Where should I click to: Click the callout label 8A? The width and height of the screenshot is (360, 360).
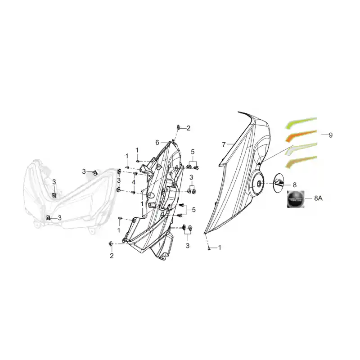click(x=318, y=198)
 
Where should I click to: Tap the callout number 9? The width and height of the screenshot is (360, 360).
click(x=331, y=135)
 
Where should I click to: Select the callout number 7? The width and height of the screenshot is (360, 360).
click(x=224, y=144)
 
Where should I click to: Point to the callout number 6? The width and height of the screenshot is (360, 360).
click(x=157, y=143)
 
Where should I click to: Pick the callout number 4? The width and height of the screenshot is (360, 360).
click(x=134, y=182)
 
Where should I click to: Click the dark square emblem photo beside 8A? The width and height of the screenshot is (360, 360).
click(x=296, y=199)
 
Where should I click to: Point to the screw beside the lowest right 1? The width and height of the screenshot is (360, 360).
click(x=209, y=248)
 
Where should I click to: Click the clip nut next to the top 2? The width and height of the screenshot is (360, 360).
click(x=178, y=127)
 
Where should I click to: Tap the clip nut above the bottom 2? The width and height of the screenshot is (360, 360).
click(x=111, y=244)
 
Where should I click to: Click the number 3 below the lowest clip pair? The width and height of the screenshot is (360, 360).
click(x=188, y=246)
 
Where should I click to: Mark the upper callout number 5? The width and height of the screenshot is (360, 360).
click(x=193, y=152)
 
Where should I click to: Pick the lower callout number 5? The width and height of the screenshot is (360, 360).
click(x=194, y=210)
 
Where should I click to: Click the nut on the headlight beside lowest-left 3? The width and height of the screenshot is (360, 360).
click(x=48, y=217)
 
